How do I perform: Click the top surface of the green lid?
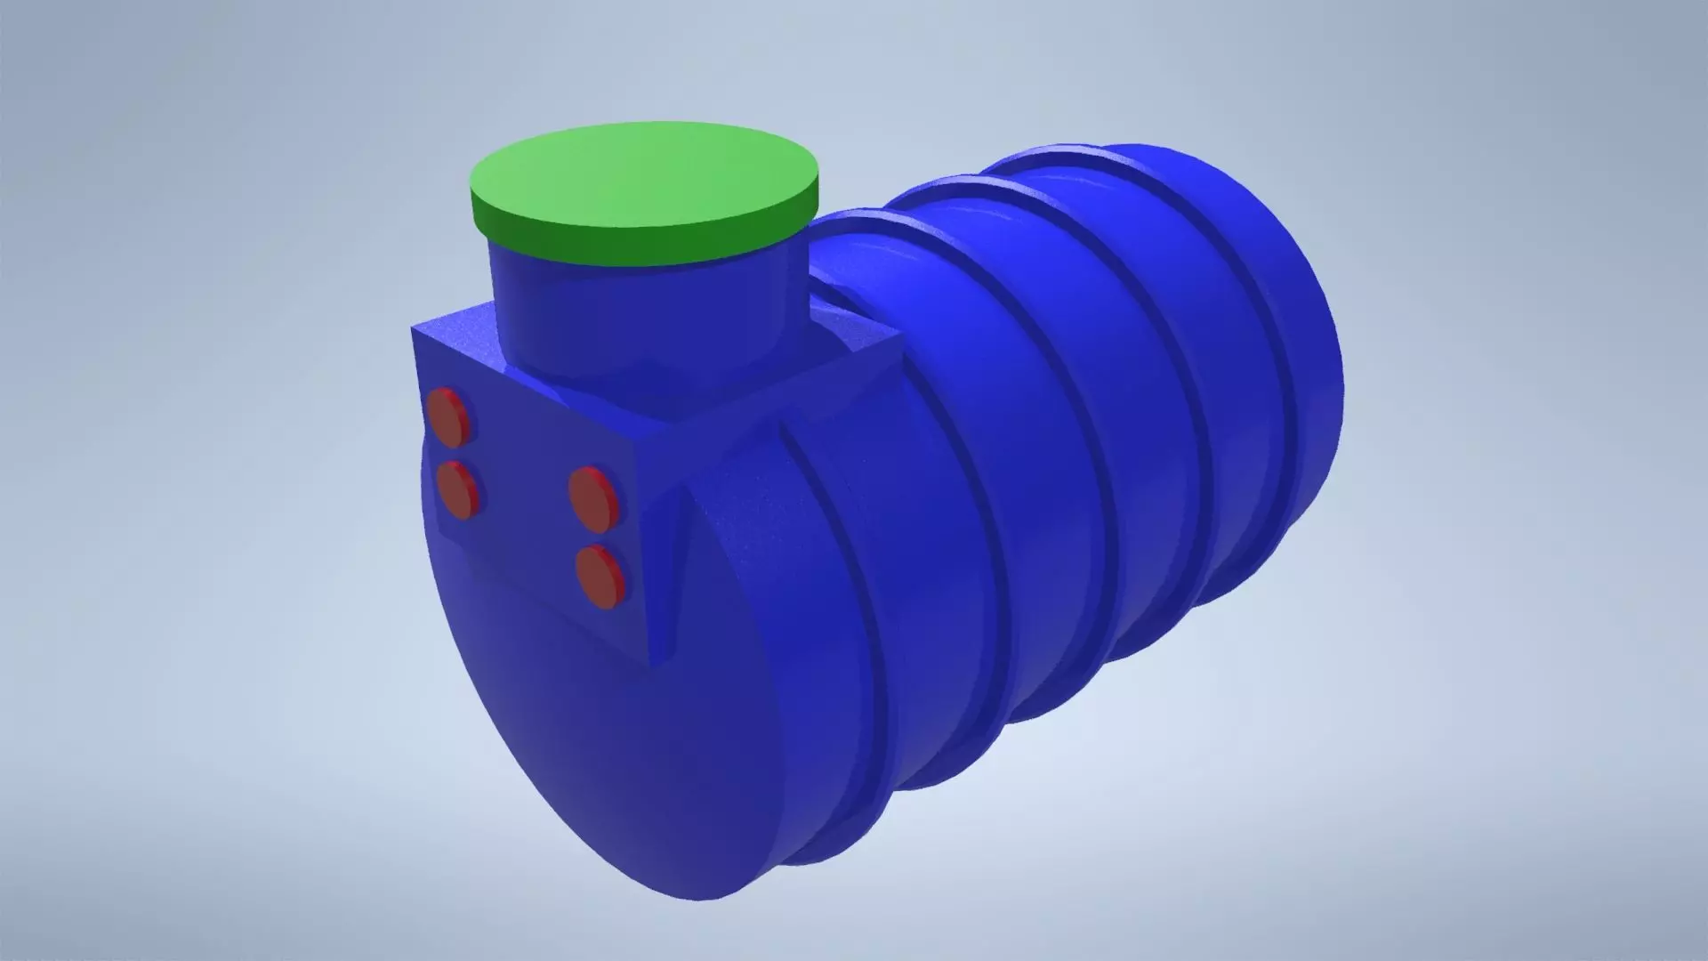(642, 174)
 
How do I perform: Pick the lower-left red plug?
(457, 489)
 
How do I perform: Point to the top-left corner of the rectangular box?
(414, 331)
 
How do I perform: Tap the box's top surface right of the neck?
(845, 347)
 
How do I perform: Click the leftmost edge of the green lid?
(471, 191)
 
